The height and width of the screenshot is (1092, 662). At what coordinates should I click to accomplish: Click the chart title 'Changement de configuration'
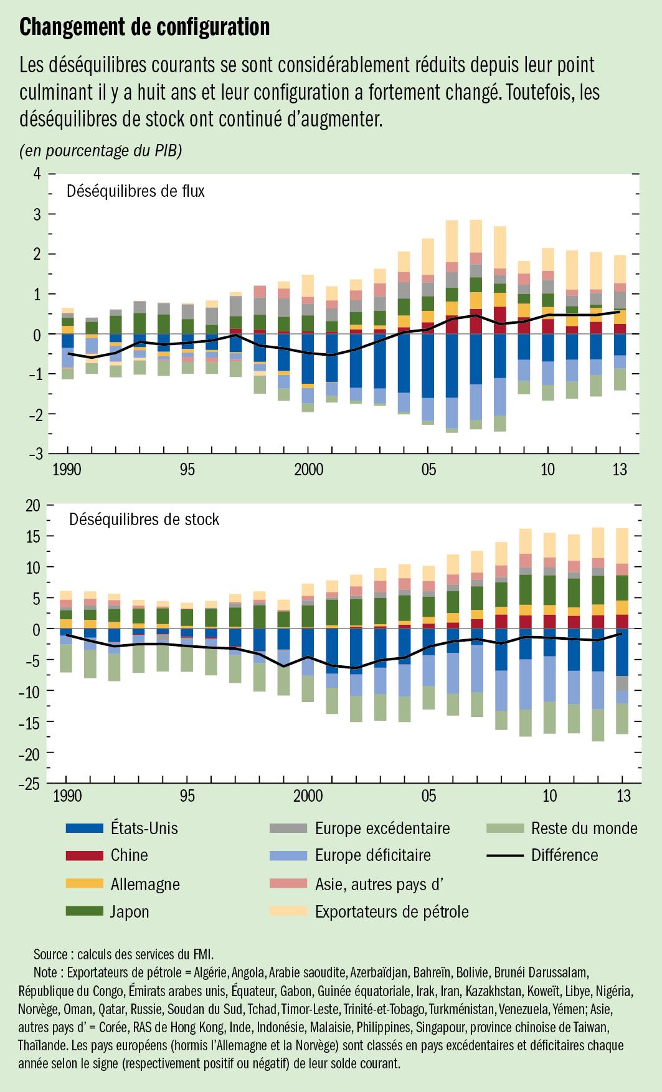(144, 27)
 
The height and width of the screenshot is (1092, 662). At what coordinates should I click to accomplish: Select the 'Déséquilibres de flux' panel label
(136, 191)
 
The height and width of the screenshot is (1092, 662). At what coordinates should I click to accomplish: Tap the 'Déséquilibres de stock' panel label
(144, 519)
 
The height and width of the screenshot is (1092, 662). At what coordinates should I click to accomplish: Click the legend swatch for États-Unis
(83, 828)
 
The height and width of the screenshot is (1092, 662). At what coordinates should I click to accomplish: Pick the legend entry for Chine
(130, 855)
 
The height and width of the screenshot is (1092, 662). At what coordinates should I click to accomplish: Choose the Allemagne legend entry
(144, 883)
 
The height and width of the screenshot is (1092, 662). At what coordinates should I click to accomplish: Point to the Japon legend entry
(130, 911)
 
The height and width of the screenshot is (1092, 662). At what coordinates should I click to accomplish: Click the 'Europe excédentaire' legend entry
(382, 828)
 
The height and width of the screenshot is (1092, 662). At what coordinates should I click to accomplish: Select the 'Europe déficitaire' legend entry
(372, 855)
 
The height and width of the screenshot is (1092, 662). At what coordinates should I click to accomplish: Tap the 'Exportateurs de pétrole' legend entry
(391, 911)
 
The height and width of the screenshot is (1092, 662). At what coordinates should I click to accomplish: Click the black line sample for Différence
(504, 855)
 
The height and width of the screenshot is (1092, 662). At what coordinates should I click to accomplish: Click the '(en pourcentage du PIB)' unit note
(101, 151)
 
